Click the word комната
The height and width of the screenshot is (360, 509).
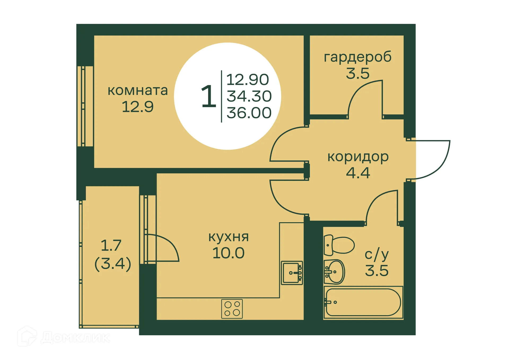click(x=138, y=90)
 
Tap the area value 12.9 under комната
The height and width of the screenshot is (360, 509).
click(x=138, y=107)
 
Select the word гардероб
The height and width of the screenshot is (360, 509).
click(x=358, y=57)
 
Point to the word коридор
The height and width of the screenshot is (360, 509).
click(x=358, y=157)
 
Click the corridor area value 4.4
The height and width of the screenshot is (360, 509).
click(x=358, y=173)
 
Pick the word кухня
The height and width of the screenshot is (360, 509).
click(x=229, y=237)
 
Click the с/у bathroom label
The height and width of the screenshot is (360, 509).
click(x=376, y=255)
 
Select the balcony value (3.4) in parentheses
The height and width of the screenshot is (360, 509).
click(x=113, y=263)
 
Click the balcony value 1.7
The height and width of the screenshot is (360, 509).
click(x=111, y=245)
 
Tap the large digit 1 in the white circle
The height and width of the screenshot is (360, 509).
click(x=209, y=97)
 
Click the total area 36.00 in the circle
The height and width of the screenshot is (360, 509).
click(x=249, y=113)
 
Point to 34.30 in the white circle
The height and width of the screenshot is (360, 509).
click(x=249, y=96)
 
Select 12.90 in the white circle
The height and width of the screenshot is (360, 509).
click(x=248, y=80)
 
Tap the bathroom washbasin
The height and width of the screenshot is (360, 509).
click(x=334, y=272)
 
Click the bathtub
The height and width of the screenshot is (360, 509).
click(x=363, y=302)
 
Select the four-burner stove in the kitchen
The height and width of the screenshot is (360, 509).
click(x=232, y=309)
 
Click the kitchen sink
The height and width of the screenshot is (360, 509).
click(x=292, y=273)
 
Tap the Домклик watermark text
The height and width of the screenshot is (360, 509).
click(x=75, y=337)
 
